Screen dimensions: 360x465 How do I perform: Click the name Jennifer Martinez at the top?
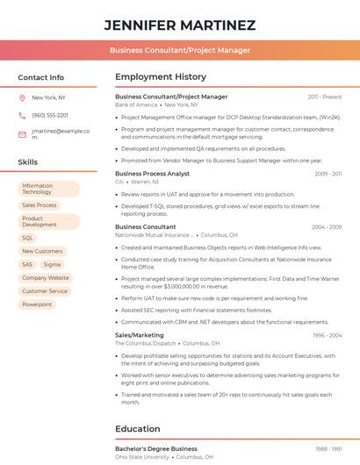point(180,25)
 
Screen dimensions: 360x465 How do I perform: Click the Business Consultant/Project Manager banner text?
point(180,50)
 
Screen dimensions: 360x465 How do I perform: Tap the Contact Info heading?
point(40,77)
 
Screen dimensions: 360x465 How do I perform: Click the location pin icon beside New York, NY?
point(22,98)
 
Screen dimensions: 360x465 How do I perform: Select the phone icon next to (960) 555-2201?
point(22,116)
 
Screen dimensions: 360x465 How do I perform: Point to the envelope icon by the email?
point(22,134)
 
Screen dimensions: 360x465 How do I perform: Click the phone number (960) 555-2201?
point(50,116)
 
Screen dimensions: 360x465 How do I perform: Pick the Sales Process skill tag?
point(40,205)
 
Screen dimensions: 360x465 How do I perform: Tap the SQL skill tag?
point(27,238)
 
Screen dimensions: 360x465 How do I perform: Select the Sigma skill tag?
point(53,264)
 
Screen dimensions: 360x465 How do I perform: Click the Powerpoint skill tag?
point(37,304)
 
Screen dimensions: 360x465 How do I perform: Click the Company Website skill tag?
point(46,278)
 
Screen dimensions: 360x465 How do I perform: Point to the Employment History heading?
point(161,77)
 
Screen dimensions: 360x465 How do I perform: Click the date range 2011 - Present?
point(325,97)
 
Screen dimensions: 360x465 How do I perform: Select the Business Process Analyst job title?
point(152,174)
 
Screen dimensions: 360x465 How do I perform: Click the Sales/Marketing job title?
point(140,335)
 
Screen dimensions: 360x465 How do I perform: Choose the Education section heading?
point(138,429)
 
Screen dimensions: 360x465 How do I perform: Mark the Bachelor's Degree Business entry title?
point(156,449)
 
